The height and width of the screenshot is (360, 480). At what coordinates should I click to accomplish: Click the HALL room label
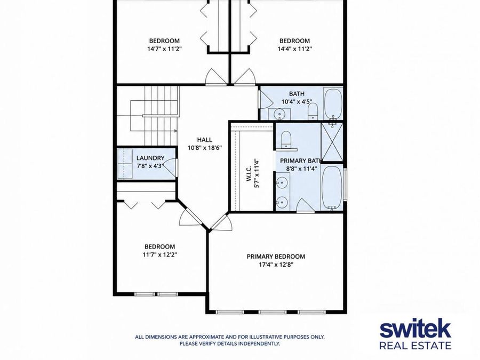coord(204,140)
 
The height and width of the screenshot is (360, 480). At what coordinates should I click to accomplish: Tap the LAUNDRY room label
coord(150,158)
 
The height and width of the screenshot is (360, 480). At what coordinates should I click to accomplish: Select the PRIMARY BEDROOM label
coord(276,257)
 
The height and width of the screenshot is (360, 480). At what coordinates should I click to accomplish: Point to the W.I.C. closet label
coord(249,173)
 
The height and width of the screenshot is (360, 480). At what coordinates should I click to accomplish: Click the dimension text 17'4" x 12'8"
coord(276,265)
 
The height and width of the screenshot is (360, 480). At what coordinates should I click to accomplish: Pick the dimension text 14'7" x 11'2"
coord(164,49)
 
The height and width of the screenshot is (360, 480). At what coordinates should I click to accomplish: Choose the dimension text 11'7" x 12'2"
coord(160,254)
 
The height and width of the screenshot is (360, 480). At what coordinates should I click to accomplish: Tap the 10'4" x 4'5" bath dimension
coord(297,102)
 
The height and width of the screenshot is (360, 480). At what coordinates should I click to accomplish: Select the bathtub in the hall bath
coord(333,104)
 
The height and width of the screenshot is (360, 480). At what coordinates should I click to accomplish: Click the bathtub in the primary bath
coord(332,187)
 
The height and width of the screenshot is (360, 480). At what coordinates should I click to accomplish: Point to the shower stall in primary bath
coord(332,142)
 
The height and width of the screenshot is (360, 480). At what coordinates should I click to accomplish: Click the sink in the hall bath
coord(279,114)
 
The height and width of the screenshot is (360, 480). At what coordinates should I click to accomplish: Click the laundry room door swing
coord(171,167)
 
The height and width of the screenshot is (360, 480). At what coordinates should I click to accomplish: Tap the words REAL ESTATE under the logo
coord(415,346)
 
